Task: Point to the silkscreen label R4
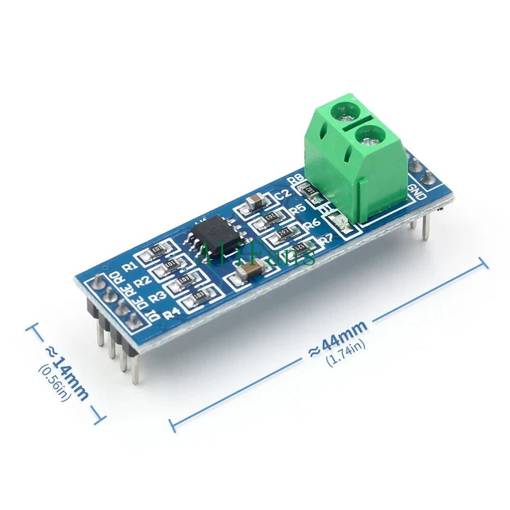click(x=170, y=313)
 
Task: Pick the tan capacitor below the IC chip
click(x=247, y=274)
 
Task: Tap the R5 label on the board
click(x=299, y=210)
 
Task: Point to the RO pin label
click(x=117, y=278)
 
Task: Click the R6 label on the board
click(x=312, y=225)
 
